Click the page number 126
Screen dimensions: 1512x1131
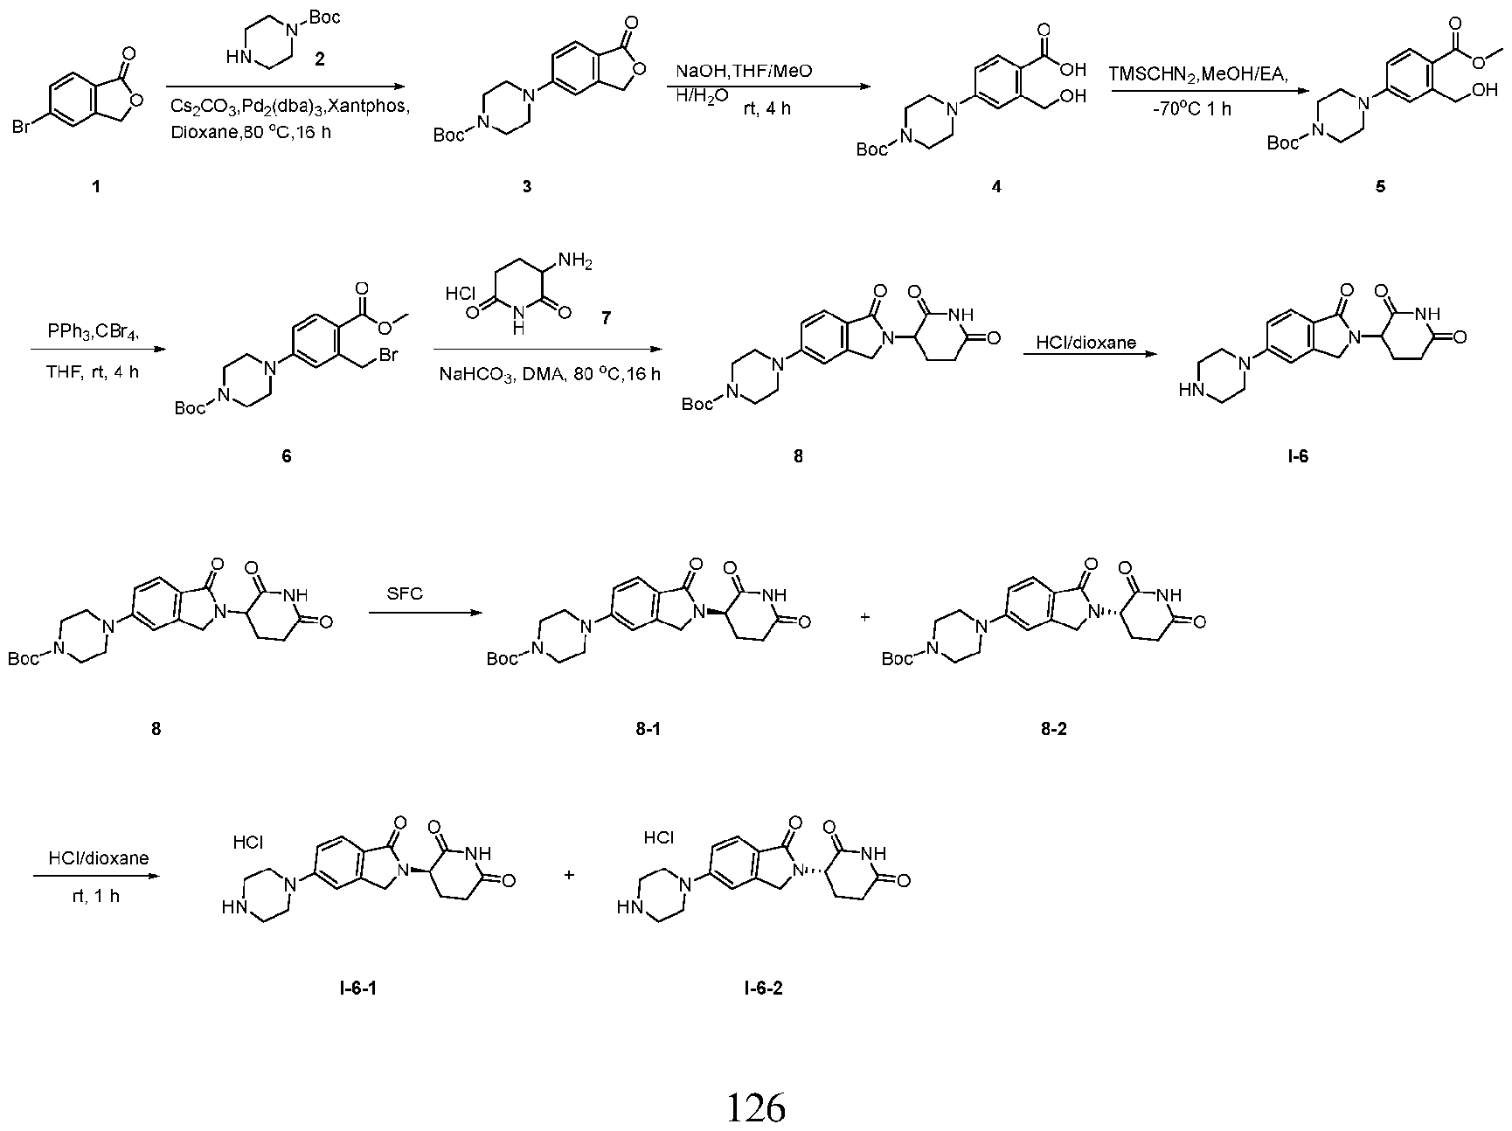click(756, 1107)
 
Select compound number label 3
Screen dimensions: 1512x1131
click(527, 186)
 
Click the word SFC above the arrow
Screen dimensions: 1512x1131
click(406, 593)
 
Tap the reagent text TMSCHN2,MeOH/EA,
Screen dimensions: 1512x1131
click(1198, 75)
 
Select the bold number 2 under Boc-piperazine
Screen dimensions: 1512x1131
click(319, 59)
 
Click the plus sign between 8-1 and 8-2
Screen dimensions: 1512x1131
click(865, 616)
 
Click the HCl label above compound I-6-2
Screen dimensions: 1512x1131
click(659, 838)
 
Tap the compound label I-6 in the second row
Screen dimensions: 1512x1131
click(1298, 456)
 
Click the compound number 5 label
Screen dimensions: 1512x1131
click(1381, 187)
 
